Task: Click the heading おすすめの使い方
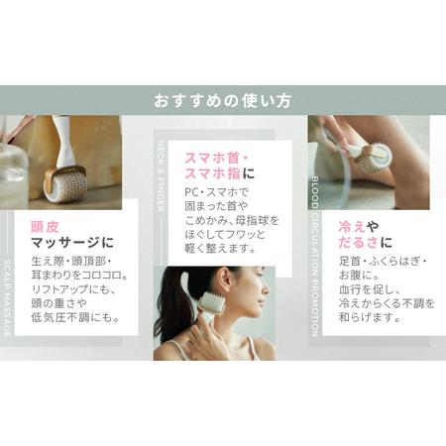(x=222, y=100)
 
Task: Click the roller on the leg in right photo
(x=373, y=158)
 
